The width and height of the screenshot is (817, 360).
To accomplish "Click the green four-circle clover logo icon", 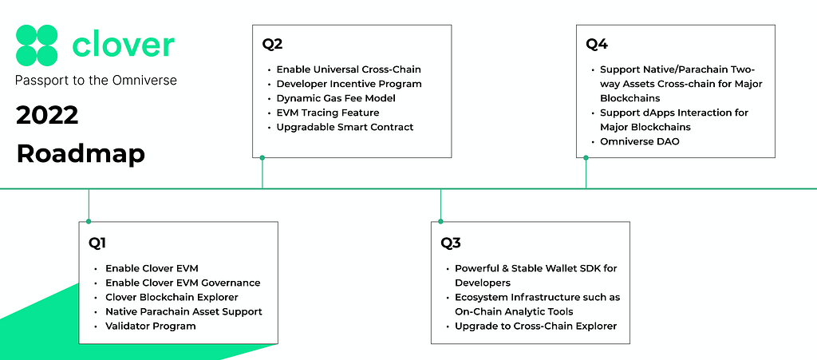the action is click(37, 45).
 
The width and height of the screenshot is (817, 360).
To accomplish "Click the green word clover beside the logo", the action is click(123, 45).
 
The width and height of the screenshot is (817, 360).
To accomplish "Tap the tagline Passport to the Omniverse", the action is click(96, 81).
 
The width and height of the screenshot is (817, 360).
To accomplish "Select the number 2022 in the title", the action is click(47, 115).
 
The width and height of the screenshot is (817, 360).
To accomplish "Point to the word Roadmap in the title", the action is click(81, 154).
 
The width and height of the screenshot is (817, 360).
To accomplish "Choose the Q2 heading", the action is click(272, 44).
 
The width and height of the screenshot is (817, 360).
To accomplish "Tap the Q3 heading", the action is click(451, 243).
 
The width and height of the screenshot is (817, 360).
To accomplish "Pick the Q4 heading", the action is click(597, 44).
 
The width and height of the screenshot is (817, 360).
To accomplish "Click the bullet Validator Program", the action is click(151, 326).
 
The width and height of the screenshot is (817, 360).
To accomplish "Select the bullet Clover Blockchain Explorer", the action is click(172, 297).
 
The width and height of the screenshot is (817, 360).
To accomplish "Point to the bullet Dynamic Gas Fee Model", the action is click(336, 98).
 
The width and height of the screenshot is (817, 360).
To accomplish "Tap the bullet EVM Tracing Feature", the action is click(328, 113).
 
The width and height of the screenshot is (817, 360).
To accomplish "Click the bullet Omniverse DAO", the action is click(640, 141).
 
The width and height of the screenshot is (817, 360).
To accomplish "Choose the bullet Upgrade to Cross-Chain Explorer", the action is click(535, 326).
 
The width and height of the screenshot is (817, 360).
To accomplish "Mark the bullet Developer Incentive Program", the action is click(349, 83).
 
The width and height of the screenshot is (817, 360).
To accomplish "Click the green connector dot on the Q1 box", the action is click(89, 221).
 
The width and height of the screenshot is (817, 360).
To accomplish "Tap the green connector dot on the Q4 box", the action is click(586, 157).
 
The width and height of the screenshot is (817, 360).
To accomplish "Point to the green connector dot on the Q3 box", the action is click(440, 221).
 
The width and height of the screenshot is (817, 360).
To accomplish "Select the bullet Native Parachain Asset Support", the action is click(184, 311).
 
